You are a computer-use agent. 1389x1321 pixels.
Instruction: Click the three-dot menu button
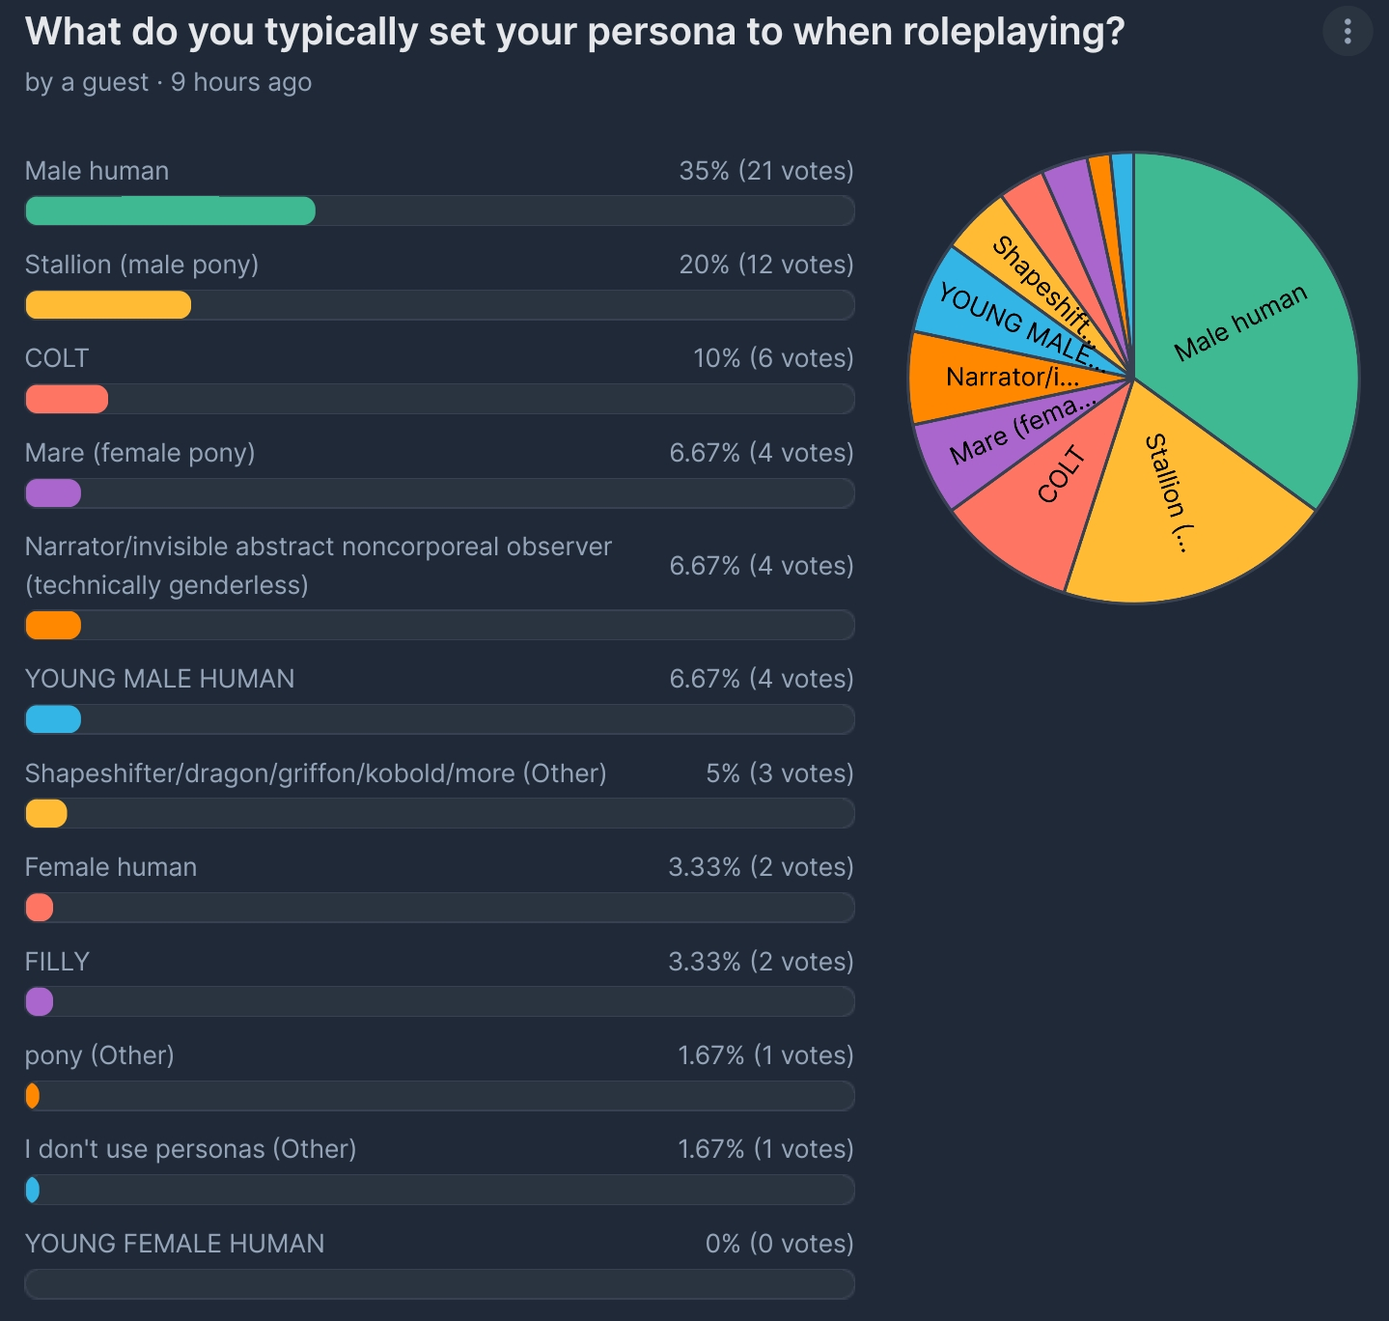(x=1347, y=32)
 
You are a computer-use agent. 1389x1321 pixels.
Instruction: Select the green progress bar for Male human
(x=170, y=211)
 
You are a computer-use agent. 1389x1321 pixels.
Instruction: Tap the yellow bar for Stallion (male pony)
(x=108, y=305)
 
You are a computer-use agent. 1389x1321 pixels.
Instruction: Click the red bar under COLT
(x=67, y=399)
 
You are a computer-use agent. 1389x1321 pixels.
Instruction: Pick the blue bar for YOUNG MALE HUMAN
(x=53, y=719)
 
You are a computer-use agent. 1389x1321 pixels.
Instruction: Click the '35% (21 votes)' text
(x=765, y=171)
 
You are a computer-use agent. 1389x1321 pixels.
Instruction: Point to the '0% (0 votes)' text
(x=779, y=1243)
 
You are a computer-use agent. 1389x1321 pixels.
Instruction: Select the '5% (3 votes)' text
(x=779, y=773)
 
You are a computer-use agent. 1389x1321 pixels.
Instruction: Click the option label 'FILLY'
(x=57, y=962)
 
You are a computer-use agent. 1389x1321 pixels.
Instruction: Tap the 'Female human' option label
(x=111, y=867)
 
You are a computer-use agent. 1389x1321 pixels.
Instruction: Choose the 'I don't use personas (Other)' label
(x=190, y=1149)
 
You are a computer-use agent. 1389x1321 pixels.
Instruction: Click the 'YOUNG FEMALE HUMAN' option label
(x=175, y=1243)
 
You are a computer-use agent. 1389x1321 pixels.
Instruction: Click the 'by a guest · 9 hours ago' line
(x=168, y=82)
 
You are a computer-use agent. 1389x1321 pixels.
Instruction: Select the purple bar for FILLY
(x=40, y=1001)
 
